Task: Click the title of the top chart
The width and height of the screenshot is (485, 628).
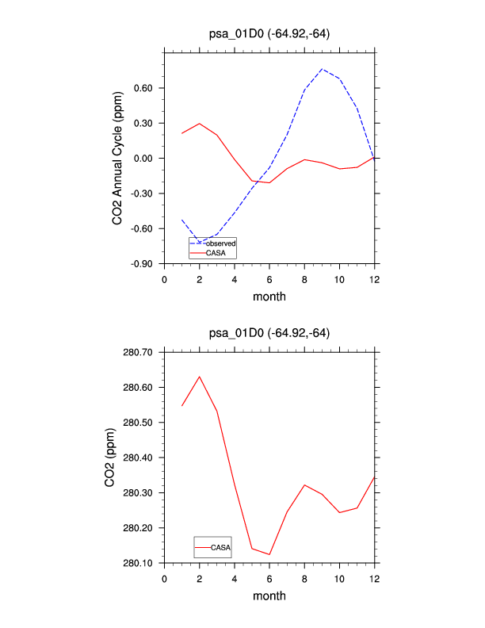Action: [x=269, y=33]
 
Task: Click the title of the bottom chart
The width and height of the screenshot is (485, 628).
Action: [x=269, y=333]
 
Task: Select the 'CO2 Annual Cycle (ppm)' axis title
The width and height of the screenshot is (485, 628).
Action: [x=117, y=158]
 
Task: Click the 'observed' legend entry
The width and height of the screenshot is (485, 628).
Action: [x=221, y=243]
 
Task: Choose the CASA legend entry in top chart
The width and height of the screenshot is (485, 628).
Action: [x=216, y=252]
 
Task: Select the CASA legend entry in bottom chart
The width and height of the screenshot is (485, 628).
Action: [x=221, y=547]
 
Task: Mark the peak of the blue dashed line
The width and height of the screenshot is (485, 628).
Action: [x=322, y=69]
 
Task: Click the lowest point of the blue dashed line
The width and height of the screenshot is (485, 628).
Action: [x=199, y=242]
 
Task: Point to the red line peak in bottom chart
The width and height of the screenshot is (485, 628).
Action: [x=199, y=376]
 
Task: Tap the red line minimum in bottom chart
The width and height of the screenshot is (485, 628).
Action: [x=269, y=554]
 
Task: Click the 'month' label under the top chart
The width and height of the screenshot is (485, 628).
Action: [x=269, y=297]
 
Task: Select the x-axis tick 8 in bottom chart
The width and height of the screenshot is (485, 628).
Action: [x=304, y=578]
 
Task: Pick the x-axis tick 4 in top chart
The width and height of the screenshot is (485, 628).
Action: [x=235, y=278]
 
